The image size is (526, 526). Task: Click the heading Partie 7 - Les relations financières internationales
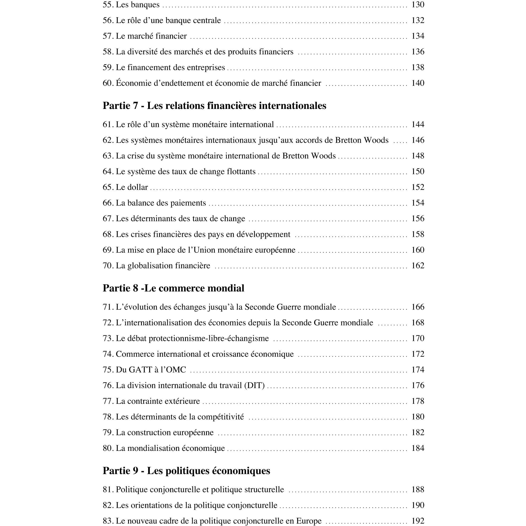tap(214, 106)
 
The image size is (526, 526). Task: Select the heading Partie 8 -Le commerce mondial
tap(174, 288)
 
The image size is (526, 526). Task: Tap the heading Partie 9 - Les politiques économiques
tap(186, 471)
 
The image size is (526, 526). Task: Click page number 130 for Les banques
tap(418, 5)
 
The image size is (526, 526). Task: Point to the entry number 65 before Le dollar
tap(108, 187)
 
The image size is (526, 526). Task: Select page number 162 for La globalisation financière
tap(418, 265)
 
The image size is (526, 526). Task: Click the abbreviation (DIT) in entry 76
tap(254, 385)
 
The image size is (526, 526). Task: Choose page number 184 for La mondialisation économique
tap(418, 448)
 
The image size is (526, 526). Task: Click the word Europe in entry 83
tap(309, 521)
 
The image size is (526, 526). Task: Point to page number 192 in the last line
tap(418, 521)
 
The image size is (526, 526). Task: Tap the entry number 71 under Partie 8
tap(108, 307)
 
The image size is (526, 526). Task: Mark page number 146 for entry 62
tap(418, 140)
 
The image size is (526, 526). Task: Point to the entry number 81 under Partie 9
tap(108, 490)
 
